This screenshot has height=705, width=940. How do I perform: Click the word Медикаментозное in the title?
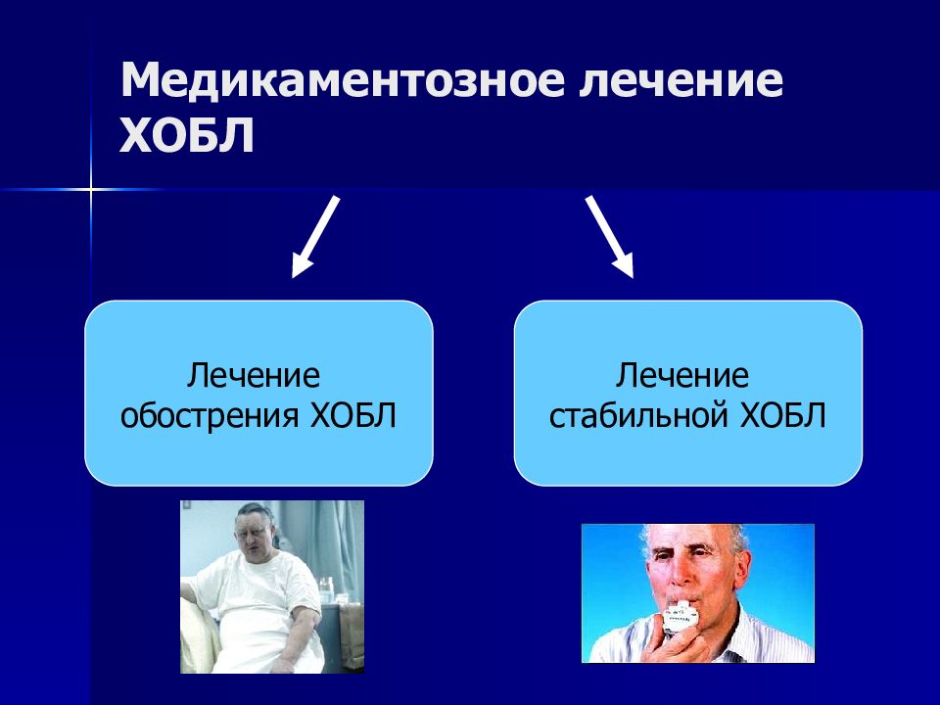pyautogui.click(x=343, y=79)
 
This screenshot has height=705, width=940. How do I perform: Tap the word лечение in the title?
pyautogui.click(x=681, y=79)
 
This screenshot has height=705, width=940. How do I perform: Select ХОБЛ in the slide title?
pyautogui.click(x=187, y=135)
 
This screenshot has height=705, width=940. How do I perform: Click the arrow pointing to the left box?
pyautogui.click(x=315, y=237)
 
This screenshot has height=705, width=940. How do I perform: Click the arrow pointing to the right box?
pyautogui.click(x=609, y=237)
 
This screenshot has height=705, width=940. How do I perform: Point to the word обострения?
pyautogui.click(x=210, y=415)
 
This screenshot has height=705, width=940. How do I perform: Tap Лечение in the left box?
pyautogui.click(x=254, y=376)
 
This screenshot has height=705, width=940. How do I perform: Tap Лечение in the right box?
pyautogui.click(x=682, y=376)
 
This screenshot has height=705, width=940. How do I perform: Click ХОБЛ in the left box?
pyautogui.click(x=353, y=415)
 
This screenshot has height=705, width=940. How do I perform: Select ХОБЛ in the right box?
pyautogui.click(x=783, y=415)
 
